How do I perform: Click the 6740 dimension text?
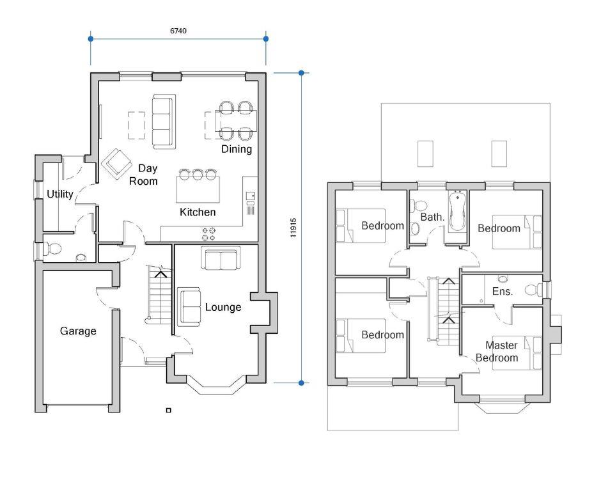(178, 30)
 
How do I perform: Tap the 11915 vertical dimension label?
(293, 228)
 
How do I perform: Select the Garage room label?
(78, 331)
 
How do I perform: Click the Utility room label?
(60, 194)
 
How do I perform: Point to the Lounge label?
(223, 307)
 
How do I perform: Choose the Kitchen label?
(198, 212)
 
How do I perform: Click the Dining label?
(237, 149)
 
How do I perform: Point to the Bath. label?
(432, 217)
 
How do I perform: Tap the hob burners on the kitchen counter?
(209, 233)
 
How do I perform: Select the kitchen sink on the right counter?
(250, 195)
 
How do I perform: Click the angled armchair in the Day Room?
(118, 164)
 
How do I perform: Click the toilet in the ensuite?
(531, 290)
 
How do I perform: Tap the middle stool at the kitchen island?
(198, 173)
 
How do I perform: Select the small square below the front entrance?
(168, 410)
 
